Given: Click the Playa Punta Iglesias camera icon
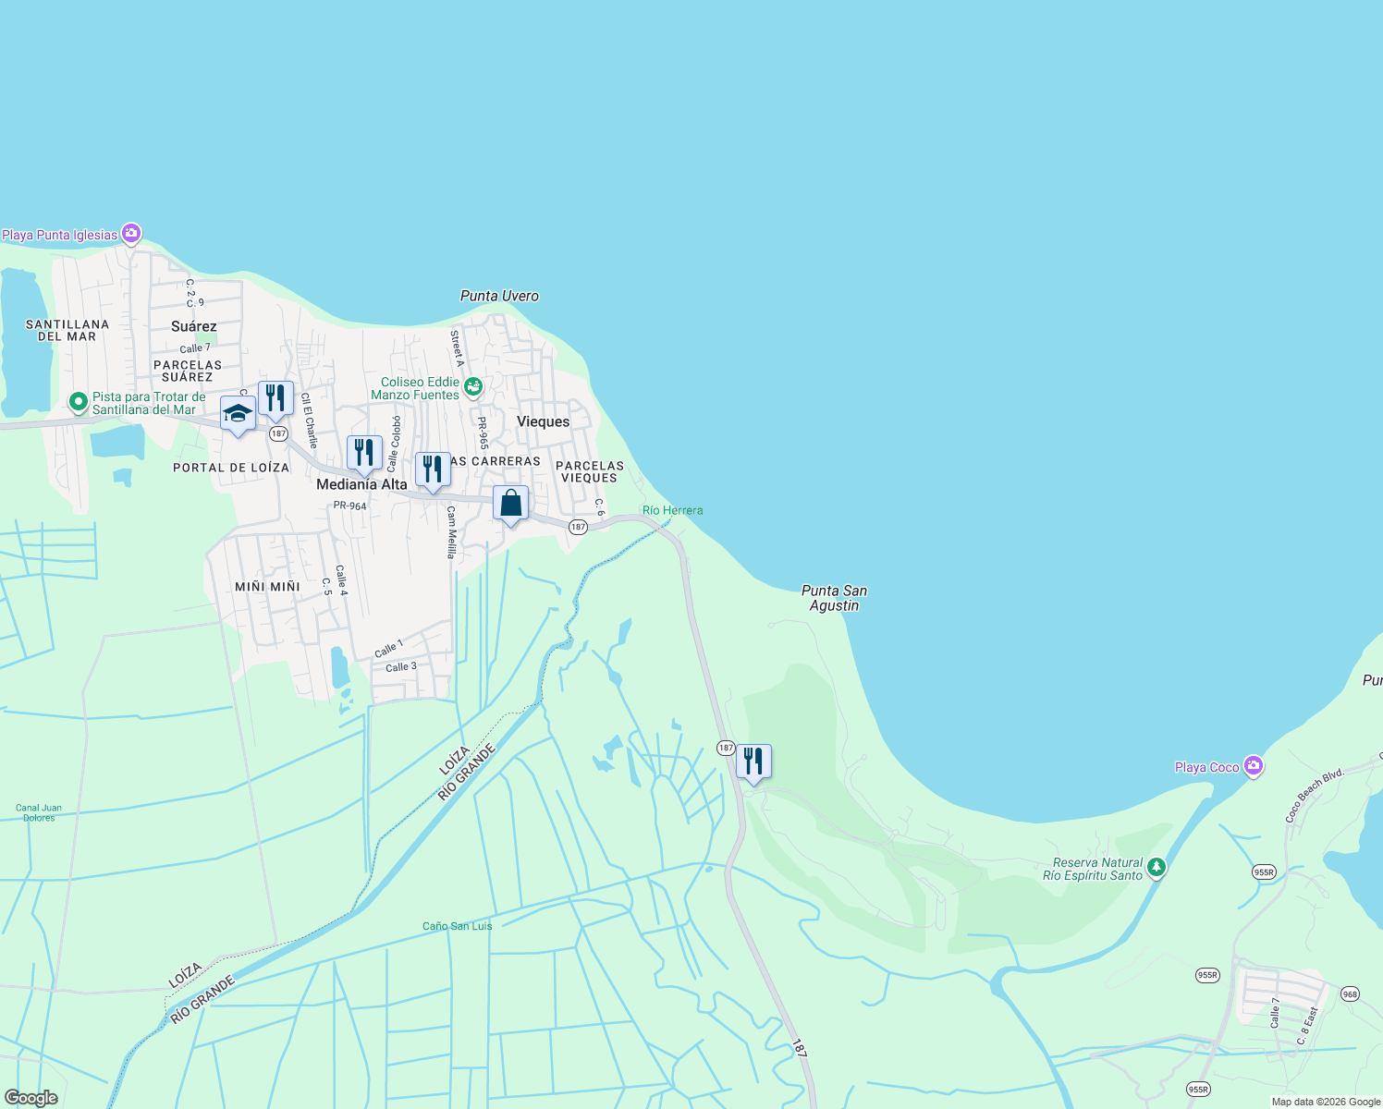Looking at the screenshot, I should tap(131, 234).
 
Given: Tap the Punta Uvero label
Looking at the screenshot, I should tap(499, 296).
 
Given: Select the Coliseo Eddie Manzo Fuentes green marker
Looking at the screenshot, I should tap(473, 387).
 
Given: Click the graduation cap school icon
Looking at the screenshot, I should tap(238, 413).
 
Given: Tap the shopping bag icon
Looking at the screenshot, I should tap(510, 504).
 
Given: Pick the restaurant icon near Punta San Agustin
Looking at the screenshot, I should tap(753, 762).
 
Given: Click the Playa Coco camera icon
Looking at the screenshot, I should tap(1253, 766).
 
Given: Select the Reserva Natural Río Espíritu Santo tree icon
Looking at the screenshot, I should tap(1157, 868).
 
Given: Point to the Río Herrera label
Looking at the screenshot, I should tap(672, 510).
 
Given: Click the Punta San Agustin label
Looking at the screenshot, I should tap(834, 598).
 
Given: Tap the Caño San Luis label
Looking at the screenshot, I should tap(457, 926).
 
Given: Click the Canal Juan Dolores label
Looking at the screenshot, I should tap(39, 812).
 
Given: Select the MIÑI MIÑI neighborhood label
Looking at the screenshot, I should tap(267, 587).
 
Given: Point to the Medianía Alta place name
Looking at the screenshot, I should tap(361, 484).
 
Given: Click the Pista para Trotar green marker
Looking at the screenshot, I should tap(79, 402).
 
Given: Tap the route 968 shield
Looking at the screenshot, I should tap(1350, 994).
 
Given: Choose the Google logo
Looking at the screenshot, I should tap(31, 1098).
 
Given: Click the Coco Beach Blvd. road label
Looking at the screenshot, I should tap(1314, 796).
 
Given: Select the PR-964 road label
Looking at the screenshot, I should tap(349, 506).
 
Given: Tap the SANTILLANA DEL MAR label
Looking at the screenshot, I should tap(67, 330).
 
